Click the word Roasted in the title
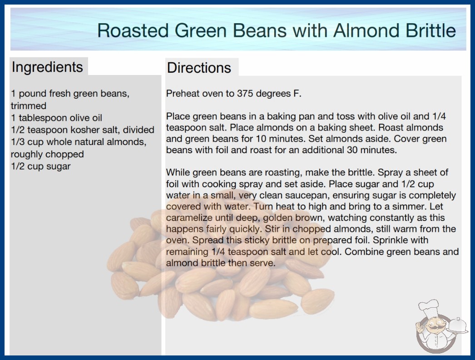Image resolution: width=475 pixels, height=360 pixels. pos(133,30)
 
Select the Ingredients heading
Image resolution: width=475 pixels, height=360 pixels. pos(47,67)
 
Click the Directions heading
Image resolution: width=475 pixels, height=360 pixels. pos(199,68)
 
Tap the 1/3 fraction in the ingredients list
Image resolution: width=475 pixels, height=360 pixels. pos(18,142)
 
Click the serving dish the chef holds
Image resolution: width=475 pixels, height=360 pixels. pos(458,325)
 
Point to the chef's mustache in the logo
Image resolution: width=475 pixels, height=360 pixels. pos(432,327)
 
